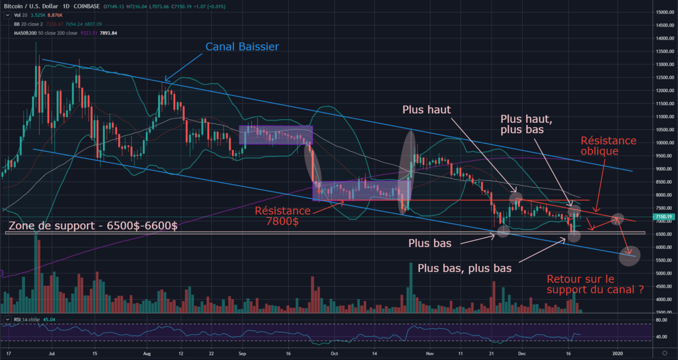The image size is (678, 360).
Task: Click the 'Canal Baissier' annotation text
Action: coord(242,46)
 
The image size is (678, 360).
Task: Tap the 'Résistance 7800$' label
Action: coord(283,215)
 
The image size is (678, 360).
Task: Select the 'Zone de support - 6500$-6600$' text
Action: coord(93,226)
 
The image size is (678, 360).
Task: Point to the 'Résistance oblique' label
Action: coord(608,146)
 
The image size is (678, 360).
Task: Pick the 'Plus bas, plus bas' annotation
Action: coord(464,268)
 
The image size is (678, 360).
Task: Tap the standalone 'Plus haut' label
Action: coord(427,110)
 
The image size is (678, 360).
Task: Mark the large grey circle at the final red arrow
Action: coord(629,256)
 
